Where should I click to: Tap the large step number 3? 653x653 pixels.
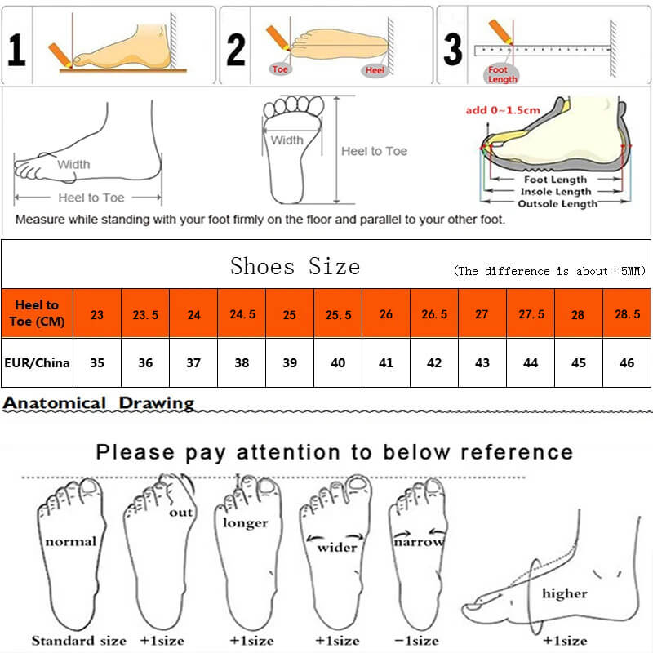tap(452, 49)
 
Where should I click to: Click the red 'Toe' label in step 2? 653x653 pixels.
tap(281, 69)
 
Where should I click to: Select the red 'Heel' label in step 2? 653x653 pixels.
tap(375, 71)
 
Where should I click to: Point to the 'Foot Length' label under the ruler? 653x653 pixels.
tap(498, 75)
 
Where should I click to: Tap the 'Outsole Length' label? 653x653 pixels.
tap(557, 203)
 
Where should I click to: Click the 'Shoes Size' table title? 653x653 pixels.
tap(295, 266)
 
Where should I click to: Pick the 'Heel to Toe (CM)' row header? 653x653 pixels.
tap(37, 313)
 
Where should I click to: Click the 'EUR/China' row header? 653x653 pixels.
tap(37, 362)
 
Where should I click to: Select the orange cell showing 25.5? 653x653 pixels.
tap(338, 314)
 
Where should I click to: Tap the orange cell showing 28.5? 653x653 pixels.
tap(626, 314)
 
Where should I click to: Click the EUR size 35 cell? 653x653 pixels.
tap(97, 362)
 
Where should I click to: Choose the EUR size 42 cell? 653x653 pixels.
tap(434, 362)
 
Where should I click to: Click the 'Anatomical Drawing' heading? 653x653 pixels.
tap(99, 403)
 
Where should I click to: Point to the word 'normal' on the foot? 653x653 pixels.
tap(70, 541)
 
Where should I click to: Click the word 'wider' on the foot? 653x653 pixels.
tap(337, 547)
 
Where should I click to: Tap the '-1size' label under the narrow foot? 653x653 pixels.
tap(417, 641)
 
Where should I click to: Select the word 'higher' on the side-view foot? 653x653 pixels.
tap(564, 593)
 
